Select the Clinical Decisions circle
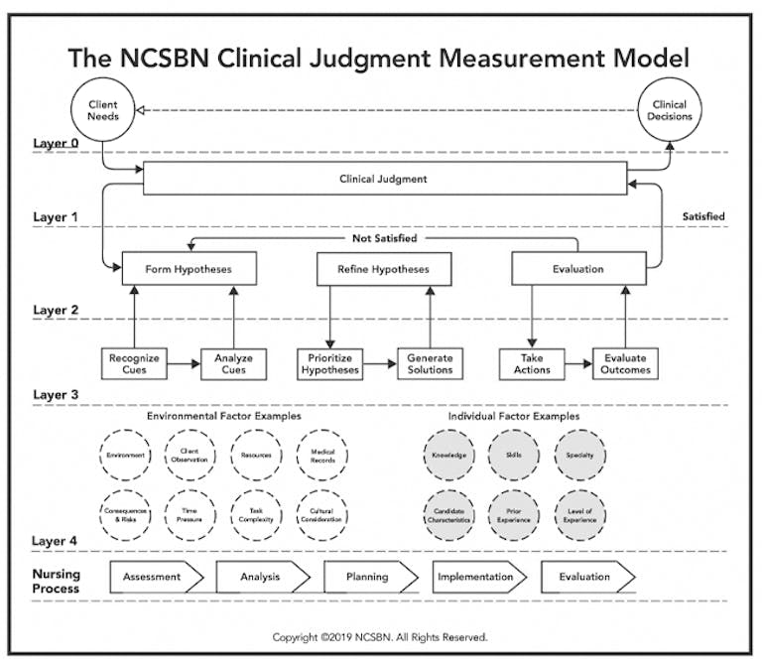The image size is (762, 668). tap(670, 110)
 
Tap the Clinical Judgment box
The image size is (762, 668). tap(383, 180)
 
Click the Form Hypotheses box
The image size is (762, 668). tap(189, 269)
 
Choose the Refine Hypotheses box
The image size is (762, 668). tap(383, 269)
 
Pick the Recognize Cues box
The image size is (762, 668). tap(133, 363)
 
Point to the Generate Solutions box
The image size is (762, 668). tap(430, 363)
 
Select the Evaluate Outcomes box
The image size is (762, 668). tap(625, 363)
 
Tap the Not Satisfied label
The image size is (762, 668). tap(383, 238)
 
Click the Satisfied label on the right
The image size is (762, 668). tap(703, 216)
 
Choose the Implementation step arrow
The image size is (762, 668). tap(477, 577)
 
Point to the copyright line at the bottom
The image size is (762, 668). tap(381, 637)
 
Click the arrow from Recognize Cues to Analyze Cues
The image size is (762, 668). tap(183, 364)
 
